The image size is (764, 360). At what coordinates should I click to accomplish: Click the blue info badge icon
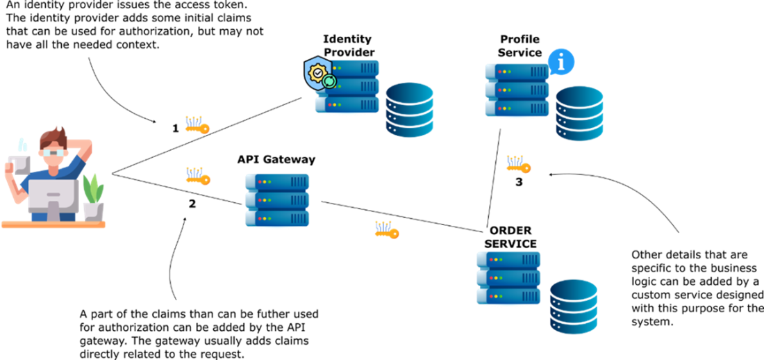coord(561,62)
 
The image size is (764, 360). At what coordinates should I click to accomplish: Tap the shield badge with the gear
coord(319,73)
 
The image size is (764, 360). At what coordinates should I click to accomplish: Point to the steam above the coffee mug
coord(22,145)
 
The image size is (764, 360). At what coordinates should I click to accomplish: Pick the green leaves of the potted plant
coord(92,188)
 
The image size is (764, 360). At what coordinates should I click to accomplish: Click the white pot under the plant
coord(93,211)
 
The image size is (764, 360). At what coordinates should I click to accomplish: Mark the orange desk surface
coord(53,224)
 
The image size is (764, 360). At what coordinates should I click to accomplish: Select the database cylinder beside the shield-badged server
coord(410,110)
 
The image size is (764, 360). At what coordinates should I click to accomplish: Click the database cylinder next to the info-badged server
coord(579,113)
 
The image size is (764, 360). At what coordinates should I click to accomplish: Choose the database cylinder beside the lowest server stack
coord(574,306)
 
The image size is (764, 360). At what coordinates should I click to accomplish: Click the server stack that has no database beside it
coord(277,200)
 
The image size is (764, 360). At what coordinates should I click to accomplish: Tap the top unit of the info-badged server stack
coord(517,71)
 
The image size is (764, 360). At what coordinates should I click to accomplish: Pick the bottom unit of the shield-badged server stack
coord(348,105)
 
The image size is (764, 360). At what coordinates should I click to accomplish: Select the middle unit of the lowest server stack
coord(508,278)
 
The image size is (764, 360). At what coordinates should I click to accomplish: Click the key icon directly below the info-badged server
coord(518,165)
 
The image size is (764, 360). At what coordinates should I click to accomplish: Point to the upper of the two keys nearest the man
coord(197,125)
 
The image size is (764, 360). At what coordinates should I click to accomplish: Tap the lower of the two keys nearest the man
coord(197,177)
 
